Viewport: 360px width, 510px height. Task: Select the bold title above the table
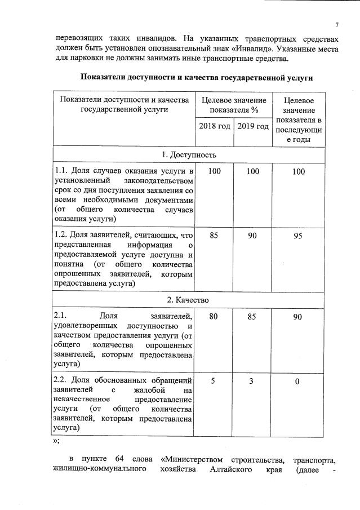(196, 77)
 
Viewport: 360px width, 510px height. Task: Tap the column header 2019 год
(252, 126)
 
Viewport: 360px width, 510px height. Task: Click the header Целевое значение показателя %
(233, 105)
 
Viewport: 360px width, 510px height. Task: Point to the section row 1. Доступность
(188, 154)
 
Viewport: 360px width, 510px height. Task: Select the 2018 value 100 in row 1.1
(214, 171)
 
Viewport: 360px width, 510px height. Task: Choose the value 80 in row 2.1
(214, 317)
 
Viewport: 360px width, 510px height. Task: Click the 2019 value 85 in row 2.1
(252, 317)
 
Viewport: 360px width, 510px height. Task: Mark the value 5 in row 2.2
(214, 381)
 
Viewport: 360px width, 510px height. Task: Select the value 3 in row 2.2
(252, 381)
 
